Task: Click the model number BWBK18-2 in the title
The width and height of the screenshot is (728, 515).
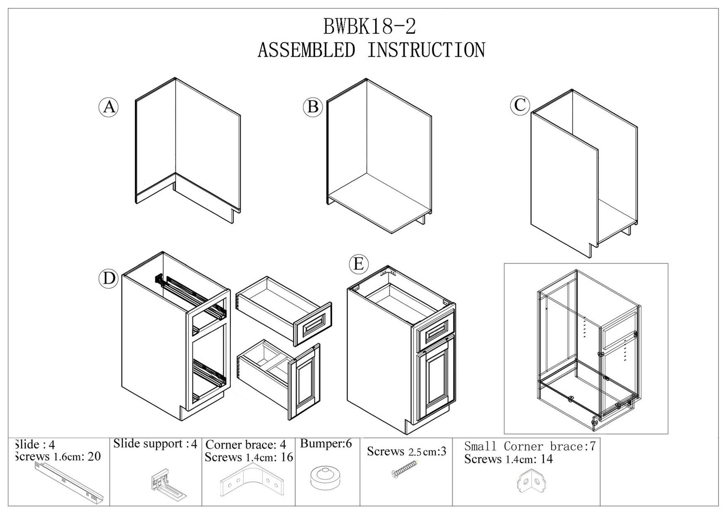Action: tap(370, 27)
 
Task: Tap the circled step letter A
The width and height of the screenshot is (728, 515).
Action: tap(109, 106)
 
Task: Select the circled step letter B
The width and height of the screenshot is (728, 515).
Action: tap(313, 106)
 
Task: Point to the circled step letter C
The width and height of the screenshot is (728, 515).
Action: tap(520, 105)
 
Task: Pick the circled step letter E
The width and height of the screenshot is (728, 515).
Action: tap(358, 264)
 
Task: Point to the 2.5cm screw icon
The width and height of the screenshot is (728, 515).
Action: tap(405, 469)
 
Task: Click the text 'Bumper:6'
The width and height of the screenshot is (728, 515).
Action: tap(326, 444)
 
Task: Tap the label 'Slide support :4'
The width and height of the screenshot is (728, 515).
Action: tap(155, 444)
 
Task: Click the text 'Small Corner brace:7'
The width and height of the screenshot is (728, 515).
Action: tap(530, 446)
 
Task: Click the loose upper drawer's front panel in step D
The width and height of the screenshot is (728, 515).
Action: tap(313, 324)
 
